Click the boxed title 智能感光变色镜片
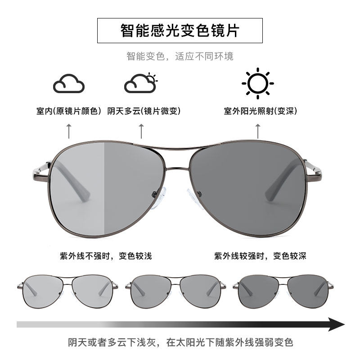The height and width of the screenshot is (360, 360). tap(180, 31)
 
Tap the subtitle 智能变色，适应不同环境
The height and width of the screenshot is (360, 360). tap(180, 57)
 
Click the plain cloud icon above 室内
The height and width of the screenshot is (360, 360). tap(69, 84)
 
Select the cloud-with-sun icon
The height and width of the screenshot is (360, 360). tap(141, 83)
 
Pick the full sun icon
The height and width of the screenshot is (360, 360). tap(257, 83)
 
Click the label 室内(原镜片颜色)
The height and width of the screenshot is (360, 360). tap(69, 111)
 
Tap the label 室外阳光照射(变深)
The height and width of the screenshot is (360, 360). tap(261, 111)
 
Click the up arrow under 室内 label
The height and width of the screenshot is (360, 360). tap(69, 131)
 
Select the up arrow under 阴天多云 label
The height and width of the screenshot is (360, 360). tap(141, 131)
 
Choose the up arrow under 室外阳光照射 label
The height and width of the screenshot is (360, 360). tap(258, 131)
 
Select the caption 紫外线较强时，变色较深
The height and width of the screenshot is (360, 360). tap(260, 256)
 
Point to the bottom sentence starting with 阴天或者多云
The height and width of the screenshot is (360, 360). tap(180, 342)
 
